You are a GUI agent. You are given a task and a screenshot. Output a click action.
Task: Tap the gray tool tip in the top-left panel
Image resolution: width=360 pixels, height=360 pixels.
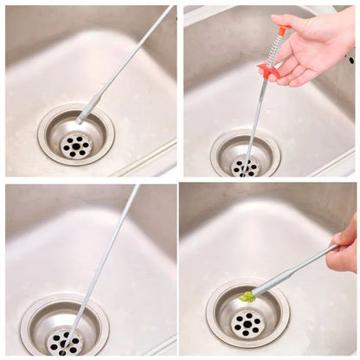coord(87,112)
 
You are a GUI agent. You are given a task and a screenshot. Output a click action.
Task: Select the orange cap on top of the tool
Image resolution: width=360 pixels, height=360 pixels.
coord(282,31)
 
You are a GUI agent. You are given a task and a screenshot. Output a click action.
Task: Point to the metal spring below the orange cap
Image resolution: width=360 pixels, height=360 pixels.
coord(276,51)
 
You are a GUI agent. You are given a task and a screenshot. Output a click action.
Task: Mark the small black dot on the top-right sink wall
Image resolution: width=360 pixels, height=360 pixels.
coord(350,60)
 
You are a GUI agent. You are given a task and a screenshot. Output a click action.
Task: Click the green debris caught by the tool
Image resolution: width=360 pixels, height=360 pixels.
coord(247,297)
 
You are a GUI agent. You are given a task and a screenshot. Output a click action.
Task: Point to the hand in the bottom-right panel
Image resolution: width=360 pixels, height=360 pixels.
coord(344,247)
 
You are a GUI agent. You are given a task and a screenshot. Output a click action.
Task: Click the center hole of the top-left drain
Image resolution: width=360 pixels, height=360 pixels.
coord(76,145)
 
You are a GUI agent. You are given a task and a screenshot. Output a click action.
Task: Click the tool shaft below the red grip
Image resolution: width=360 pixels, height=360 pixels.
coord(258,112)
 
